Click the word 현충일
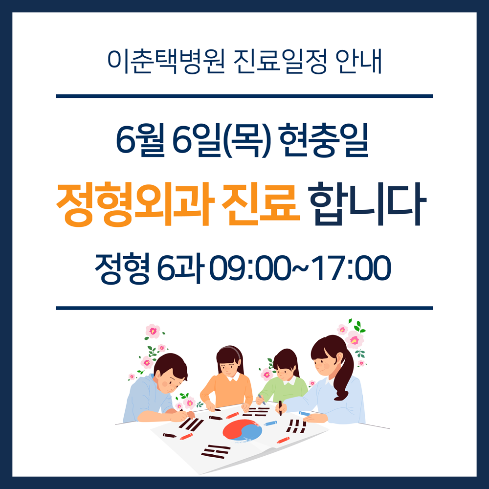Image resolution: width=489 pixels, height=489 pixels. pos(324,140)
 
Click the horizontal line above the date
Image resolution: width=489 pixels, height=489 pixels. pos(244,96)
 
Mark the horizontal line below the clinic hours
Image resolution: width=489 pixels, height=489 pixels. pos(244,308)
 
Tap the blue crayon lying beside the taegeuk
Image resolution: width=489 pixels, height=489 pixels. pos(270,423)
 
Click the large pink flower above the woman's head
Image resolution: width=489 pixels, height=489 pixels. pos(354,340)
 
